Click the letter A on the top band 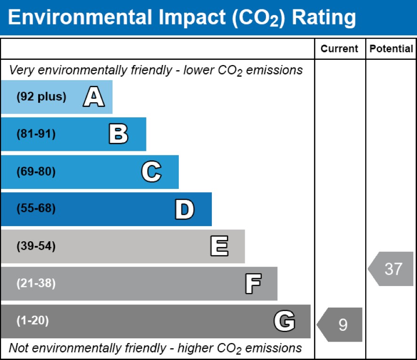click(94, 97)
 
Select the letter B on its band click(118, 134)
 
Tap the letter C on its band click(151, 172)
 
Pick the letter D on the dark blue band click(184, 209)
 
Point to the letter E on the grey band click(219, 246)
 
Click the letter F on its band click(253, 284)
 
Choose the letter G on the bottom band click(284, 321)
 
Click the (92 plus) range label click(41, 97)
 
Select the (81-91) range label click(36, 134)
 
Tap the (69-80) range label click(36, 172)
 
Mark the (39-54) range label click(36, 246)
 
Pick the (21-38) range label click(36, 284)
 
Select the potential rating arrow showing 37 click(392, 269)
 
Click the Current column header click(339, 49)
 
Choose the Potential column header click(391, 49)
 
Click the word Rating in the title click(324, 18)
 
